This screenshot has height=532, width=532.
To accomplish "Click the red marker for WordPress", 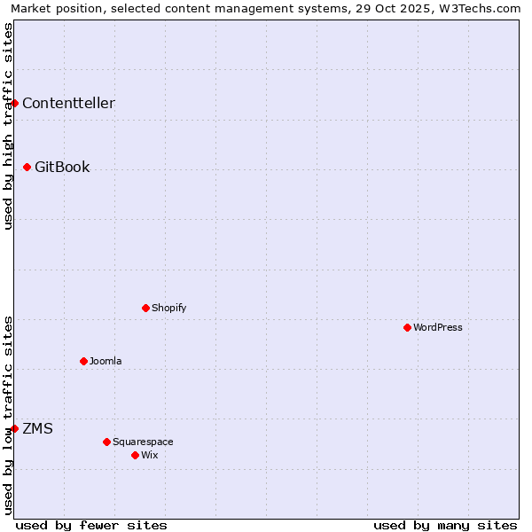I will pyautogui.click(x=407, y=327).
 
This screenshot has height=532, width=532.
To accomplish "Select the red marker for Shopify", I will pyautogui.click(x=145, y=308).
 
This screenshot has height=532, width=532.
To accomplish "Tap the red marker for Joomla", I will pyautogui.click(x=83, y=361).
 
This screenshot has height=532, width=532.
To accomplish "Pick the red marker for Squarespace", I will pyautogui.click(x=106, y=442).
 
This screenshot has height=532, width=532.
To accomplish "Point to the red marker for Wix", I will pyautogui.click(x=135, y=455).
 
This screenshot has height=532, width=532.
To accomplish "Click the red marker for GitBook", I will pyautogui.click(x=27, y=167).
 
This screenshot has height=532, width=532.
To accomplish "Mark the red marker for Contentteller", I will pyautogui.click(x=14, y=103).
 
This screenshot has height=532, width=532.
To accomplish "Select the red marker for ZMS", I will pyautogui.click(x=14, y=428).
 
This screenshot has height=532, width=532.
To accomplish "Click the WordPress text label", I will pyautogui.click(x=438, y=327).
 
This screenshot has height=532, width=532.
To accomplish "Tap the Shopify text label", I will pyautogui.click(x=168, y=308).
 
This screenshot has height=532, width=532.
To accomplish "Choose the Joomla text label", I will pyautogui.click(x=106, y=361).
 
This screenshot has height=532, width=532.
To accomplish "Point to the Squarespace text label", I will pyautogui.click(x=143, y=442).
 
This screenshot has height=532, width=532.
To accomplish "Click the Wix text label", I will pyautogui.click(x=149, y=455).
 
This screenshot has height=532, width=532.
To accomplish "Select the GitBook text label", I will pyautogui.click(x=62, y=167).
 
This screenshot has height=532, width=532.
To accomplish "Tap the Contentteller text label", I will pyautogui.click(x=68, y=103).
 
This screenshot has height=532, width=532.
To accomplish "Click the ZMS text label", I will pyautogui.click(x=37, y=428).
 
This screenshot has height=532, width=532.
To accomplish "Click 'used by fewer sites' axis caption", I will pyautogui.click(x=91, y=525).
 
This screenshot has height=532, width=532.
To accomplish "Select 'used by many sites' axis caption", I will pyautogui.click(x=445, y=525).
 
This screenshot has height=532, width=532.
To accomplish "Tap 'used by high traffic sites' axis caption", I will pyautogui.click(x=8, y=126).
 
